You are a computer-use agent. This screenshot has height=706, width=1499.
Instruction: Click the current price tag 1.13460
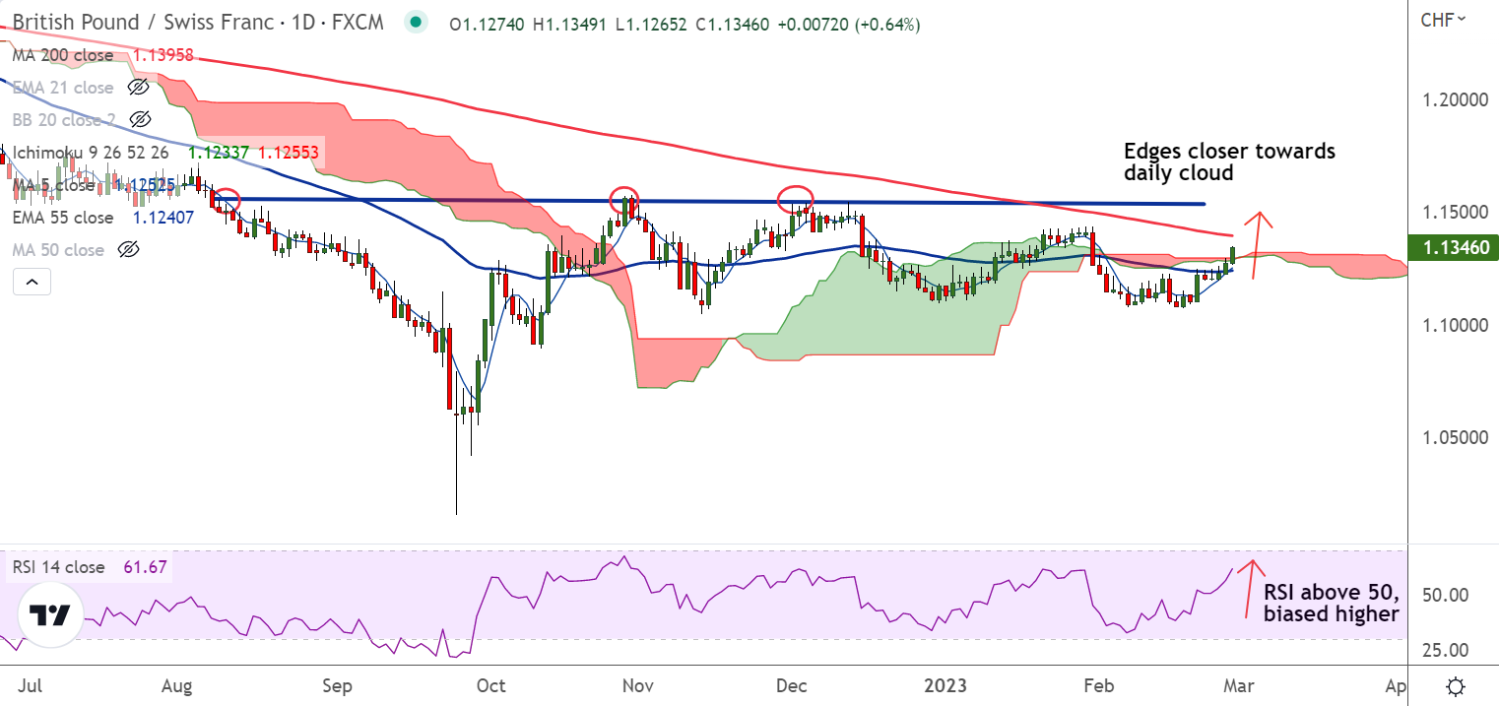point(1454,246)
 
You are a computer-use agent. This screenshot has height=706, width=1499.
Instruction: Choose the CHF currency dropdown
point(1443,18)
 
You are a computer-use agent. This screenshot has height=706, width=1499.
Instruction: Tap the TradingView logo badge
point(49,615)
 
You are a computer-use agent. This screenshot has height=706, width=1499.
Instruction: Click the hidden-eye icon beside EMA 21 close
point(139,88)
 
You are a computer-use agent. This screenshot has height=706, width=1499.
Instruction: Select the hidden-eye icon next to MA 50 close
point(126,250)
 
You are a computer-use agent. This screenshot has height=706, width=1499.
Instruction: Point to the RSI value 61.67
point(144,567)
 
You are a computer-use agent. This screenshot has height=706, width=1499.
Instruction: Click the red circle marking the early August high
point(227,200)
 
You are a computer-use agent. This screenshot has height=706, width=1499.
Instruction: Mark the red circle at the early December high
point(797,200)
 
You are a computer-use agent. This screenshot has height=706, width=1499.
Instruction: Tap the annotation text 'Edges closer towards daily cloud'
point(1229,161)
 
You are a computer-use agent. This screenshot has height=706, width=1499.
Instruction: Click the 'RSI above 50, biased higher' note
point(1331,604)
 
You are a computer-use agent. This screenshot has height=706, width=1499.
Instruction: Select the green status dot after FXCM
point(417,23)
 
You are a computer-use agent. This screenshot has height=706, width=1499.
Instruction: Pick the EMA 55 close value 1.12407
point(164,218)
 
